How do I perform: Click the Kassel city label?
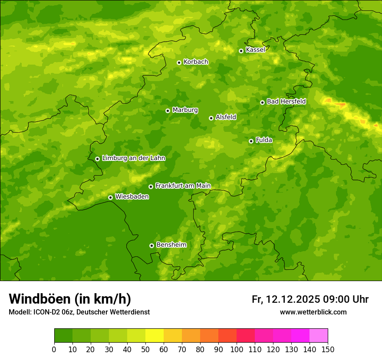[255, 50]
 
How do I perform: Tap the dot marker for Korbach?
[179, 62]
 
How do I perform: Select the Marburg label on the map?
[185, 110]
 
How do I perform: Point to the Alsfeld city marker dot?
[211, 118]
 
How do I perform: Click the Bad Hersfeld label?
[286, 101]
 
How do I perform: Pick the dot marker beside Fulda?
[251, 141]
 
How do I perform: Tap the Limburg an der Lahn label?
[133, 158]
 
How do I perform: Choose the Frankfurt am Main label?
[183, 186]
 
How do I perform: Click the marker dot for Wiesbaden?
[110, 197]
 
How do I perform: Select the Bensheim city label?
[171, 245]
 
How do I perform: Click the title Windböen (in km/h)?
[70, 299]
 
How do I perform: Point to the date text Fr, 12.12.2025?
[286, 299]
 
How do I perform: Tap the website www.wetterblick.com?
[313, 312]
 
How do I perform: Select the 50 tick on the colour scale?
[145, 349]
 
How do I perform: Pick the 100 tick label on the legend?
[237, 349]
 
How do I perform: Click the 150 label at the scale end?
[328, 349]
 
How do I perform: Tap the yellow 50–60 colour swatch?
[155, 336]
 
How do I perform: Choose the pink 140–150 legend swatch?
[319, 336]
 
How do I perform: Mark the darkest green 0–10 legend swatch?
[63, 336]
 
